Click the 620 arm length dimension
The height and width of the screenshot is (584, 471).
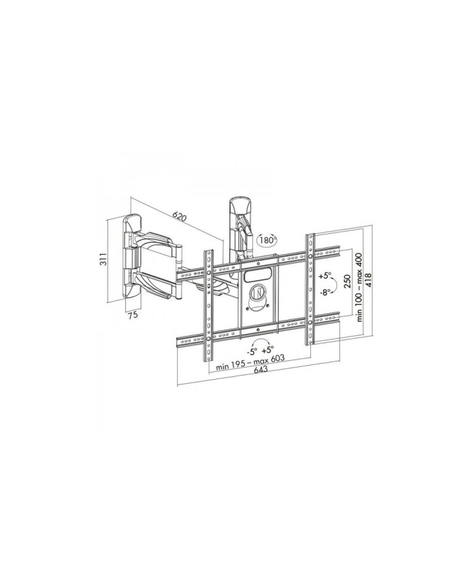pyautogui.click(x=178, y=216)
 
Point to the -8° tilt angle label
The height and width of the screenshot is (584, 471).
pyautogui.click(x=324, y=292)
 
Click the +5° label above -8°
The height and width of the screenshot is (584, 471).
pyautogui.click(x=324, y=276)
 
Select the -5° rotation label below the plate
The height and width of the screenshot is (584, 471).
pyautogui.click(x=252, y=350)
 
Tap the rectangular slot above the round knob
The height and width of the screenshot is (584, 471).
pyautogui.click(x=256, y=273)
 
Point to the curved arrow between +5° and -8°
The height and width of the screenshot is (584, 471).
pyautogui.click(x=334, y=284)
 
